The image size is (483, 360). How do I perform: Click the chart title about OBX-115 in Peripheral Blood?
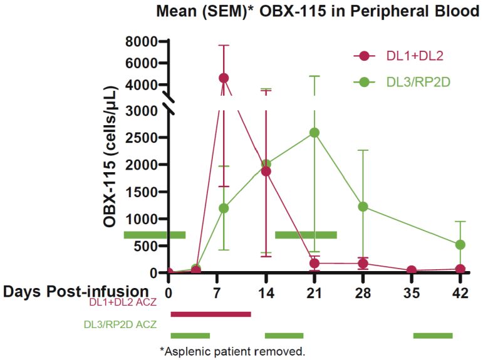pos(318,11)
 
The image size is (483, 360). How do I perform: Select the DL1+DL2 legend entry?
pos(398,56)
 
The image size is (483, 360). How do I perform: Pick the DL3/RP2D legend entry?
pos(402,82)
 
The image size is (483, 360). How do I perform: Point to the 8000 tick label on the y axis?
pos(142,41)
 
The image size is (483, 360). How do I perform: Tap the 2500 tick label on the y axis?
pos(142,137)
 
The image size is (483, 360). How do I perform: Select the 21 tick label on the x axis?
pos(314,292)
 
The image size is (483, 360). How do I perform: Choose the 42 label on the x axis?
pos(460,292)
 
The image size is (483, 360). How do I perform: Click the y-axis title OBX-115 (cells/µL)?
pos(110,157)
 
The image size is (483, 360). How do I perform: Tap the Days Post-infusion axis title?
pos(76,291)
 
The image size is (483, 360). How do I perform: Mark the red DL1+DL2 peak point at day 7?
pos(224,78)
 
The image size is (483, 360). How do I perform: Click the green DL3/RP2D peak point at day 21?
pos(314,133)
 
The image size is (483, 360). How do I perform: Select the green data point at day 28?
pos(363,207)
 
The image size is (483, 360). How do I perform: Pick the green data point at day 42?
pos(460,245)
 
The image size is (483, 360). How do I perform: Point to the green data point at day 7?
pos(224,208)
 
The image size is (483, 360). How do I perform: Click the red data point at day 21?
pos(314,264)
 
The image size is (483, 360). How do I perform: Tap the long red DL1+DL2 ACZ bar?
pos(210,314)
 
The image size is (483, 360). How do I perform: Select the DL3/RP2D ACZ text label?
pos(120,324)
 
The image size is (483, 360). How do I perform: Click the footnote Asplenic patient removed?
pos(232,351)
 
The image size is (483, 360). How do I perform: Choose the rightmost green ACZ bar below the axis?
pos(433,336)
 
